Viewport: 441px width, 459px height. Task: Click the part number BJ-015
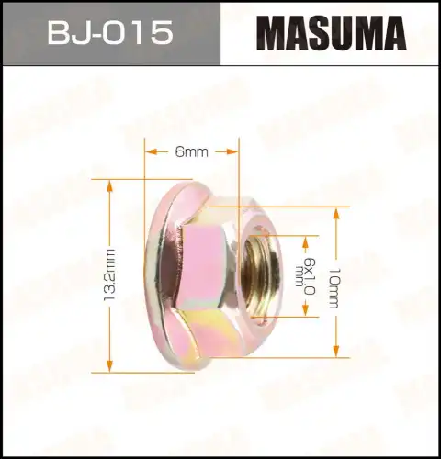(109, 34)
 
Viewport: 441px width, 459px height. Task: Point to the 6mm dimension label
(191, 152)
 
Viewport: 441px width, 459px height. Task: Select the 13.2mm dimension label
(109, 275)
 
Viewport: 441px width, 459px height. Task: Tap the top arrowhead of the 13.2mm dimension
(109, 185)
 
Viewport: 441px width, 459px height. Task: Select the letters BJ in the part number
(67, 34)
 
